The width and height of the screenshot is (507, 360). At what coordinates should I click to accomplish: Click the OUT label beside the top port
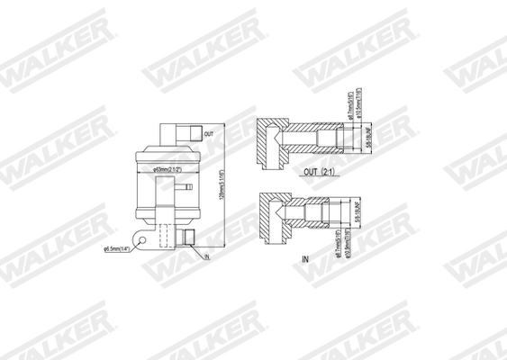(x=208, y=133)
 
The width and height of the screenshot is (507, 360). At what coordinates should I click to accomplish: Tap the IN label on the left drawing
(x=206, y=257)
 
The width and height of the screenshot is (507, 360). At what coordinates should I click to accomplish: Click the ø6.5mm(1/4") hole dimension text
(x=119, y=249)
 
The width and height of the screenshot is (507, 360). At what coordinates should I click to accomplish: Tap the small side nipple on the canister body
(x=182, y=188)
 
